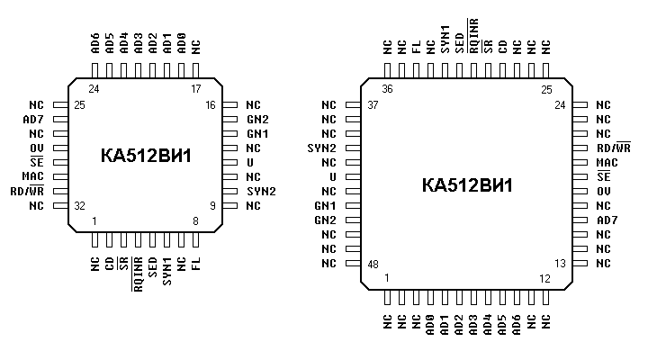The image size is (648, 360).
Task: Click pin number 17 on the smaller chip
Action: coord(194,89)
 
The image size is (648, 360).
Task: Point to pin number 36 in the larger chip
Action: coord(388,89)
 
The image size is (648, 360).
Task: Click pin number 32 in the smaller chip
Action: coord(80,206)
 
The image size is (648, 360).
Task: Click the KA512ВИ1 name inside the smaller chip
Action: coord(145,156)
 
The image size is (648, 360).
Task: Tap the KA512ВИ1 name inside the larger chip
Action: coord(466,185)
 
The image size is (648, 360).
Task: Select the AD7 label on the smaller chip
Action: coord(32,120)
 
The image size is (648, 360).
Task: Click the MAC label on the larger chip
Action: coord(607,163)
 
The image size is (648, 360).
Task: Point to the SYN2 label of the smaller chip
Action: coord(260,192)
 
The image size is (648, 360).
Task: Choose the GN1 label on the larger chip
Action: coord(325,206)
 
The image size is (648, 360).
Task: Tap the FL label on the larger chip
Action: coord(417,48)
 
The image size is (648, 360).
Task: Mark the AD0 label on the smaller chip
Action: coord(181,43)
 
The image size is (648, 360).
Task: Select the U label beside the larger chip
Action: coord(332,177)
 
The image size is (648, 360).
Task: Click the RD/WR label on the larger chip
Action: coord(614,148)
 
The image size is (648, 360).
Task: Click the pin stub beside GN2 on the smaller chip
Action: coord(229,120)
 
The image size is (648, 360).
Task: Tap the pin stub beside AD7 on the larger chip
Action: coord(580,220)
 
